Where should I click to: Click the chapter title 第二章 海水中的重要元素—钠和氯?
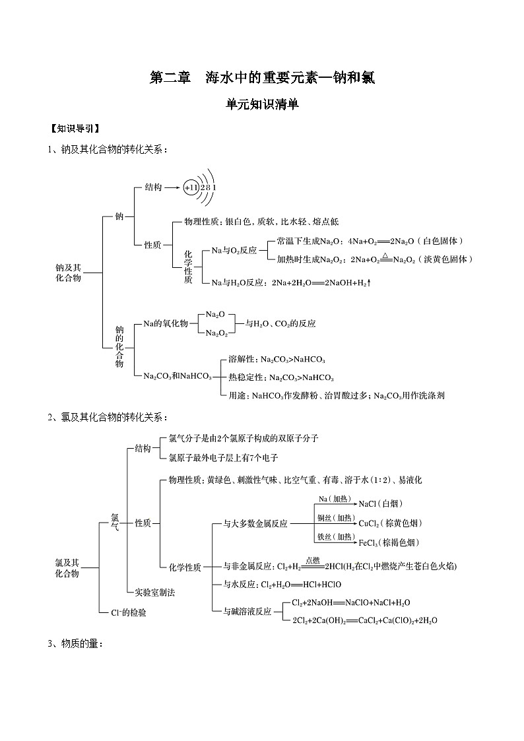coord(262,77)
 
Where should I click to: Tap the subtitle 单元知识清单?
coord(262,104)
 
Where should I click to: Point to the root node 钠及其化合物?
coord(69,273)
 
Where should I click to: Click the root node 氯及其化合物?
coord(67,568)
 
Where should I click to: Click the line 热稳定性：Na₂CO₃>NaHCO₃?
coord(280,377)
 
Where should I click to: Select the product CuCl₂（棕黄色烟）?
coord(389,523)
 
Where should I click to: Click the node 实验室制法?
coord(154,592)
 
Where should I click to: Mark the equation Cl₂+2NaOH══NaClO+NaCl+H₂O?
coord(350,602)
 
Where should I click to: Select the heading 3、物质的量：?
coord(75,643)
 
